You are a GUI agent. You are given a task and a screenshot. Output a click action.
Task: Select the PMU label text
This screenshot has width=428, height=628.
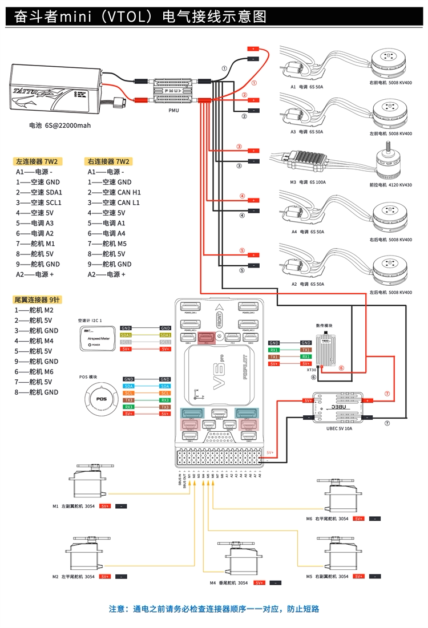tap(173, 111)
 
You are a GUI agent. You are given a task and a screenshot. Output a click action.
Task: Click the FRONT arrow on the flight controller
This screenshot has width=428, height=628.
tap(219, 317)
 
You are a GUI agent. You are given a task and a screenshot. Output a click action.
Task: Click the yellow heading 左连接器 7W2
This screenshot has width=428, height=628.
tap(37, 161)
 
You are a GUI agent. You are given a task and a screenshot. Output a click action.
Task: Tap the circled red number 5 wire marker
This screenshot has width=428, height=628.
tap(242, 250)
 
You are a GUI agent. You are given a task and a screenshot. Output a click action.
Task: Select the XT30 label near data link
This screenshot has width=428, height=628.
tap(311, 370)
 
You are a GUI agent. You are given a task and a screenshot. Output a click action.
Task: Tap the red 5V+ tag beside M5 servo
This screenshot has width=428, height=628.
tap(358, 577)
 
